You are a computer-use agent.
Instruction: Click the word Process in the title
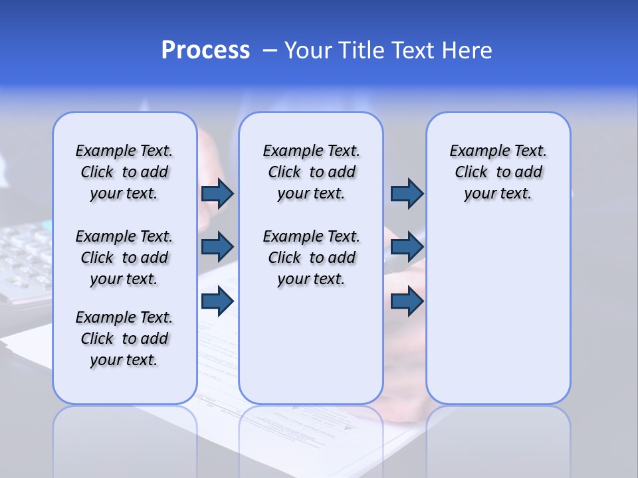coord(205,50)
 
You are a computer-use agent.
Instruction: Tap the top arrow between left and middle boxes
coord(217,193)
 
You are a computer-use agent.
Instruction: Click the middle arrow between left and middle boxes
coord(217,247)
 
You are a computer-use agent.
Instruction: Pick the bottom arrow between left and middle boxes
coord(217,301)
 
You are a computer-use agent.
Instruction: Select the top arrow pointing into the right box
coord(407,193)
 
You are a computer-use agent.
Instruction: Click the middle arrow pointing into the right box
coord(407,247)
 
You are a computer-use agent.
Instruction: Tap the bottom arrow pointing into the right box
coord(407,301)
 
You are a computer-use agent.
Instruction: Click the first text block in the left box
coord(124,172)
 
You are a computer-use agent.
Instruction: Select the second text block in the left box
coord(124,258)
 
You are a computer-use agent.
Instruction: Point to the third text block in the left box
coord(124,339)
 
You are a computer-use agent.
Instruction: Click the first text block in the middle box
coord(311,172)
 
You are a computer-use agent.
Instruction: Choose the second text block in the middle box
coord(311,258)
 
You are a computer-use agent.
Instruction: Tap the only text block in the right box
coord(498,172)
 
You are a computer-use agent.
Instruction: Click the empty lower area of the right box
coord(498,319)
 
